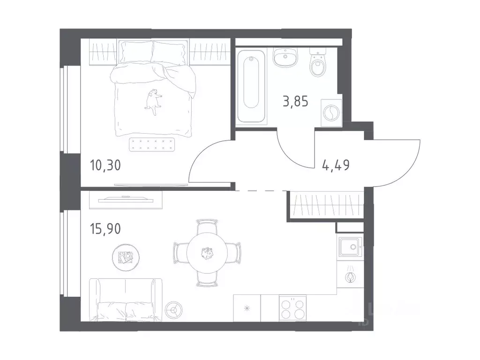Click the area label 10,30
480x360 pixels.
point(105,165)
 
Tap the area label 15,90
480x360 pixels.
point(105,229)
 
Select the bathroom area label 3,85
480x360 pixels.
point(295,101)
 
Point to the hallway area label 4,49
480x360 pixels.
point(336,165)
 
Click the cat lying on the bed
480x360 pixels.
point(153,102)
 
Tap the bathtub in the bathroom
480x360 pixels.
point(251,86)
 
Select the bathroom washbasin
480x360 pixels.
point(285,58)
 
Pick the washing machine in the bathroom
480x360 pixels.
point(331,112)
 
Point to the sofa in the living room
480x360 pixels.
point(126,300)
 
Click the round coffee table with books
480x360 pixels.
point(126,257)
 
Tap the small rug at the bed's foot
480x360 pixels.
point(152,144)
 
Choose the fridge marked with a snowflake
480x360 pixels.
point(247,308)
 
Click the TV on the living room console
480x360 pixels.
point(126,199)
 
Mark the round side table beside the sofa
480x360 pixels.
point(174,310)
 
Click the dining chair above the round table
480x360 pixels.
point(207,225)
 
